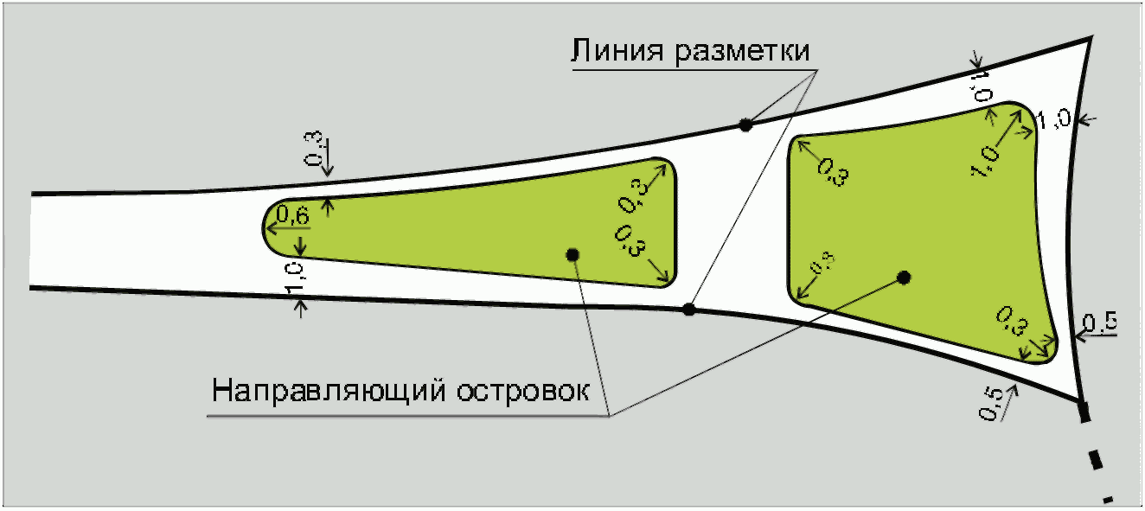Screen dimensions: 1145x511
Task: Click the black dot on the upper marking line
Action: pos(745,125)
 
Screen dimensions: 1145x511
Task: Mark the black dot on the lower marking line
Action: pos(688,310)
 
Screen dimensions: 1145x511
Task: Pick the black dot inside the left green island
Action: pos(572,253)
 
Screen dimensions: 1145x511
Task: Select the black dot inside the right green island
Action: pos(904,278)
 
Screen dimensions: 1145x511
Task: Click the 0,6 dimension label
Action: pos(291,214)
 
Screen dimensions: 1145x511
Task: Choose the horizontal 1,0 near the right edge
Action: pos(1054,119)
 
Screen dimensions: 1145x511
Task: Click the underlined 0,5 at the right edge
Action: pos(1099,324)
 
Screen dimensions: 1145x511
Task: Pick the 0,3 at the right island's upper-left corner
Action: pos(832,172)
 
